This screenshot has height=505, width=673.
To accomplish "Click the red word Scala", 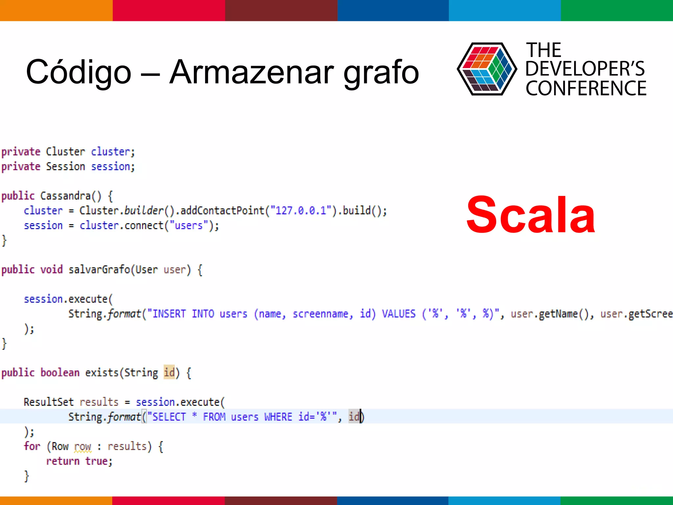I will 530,215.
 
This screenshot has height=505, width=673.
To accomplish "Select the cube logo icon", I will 487,69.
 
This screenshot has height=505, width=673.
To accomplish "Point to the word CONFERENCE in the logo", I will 586,88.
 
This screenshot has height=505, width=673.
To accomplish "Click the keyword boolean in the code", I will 60,373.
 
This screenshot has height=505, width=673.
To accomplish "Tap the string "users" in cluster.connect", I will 189,226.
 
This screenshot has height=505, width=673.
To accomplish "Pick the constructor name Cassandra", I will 65,196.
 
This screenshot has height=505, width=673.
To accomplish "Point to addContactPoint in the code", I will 222,210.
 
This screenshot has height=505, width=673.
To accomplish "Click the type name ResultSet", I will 49,402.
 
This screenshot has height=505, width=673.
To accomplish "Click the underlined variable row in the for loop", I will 82,446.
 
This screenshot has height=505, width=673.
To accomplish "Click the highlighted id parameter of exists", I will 169,373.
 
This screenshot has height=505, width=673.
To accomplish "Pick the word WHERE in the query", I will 278,417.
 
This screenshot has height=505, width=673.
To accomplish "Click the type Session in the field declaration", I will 65,167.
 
